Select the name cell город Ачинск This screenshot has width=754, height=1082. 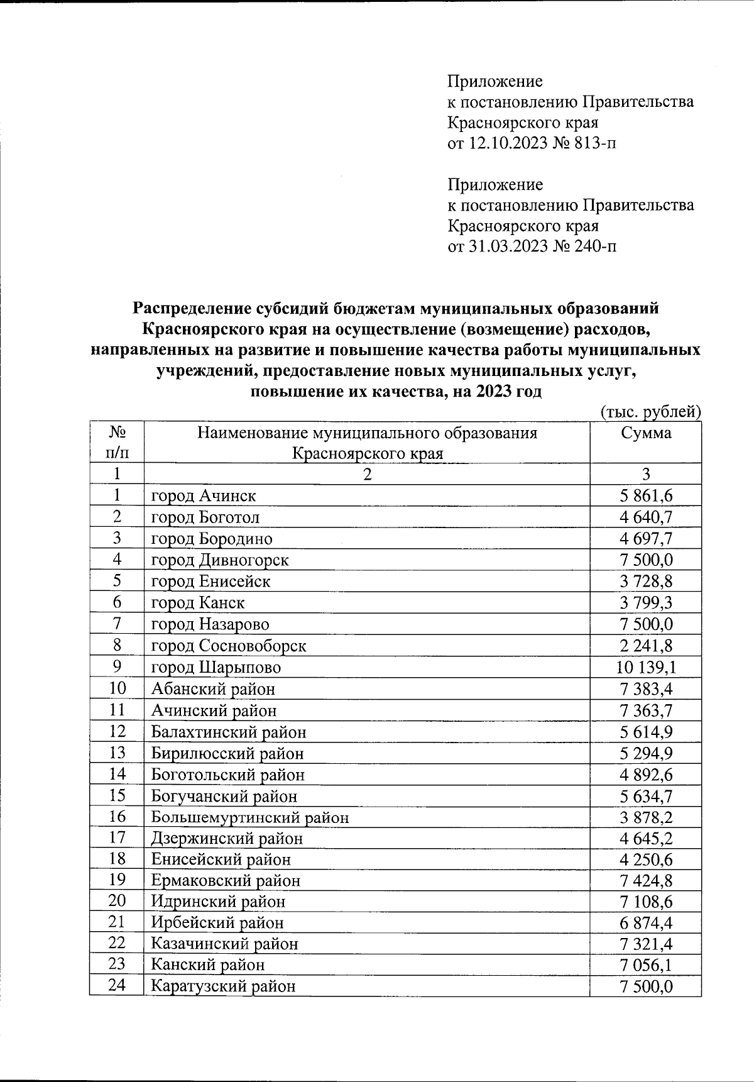tap(204, 496)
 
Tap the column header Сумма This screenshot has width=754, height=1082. tap(646, 433)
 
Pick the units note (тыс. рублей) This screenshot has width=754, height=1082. tap(650, 412)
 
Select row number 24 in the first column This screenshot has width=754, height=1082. tap(117, 985)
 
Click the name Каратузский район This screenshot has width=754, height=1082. tap(223, 986)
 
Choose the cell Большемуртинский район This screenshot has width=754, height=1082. tap(249, 817)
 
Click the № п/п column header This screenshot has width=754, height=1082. tap(117, 443)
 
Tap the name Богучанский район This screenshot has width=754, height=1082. tap(224, 796)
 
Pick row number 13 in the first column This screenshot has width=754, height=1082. tap(117, 753)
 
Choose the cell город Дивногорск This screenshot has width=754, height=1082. tap(220, 560)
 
